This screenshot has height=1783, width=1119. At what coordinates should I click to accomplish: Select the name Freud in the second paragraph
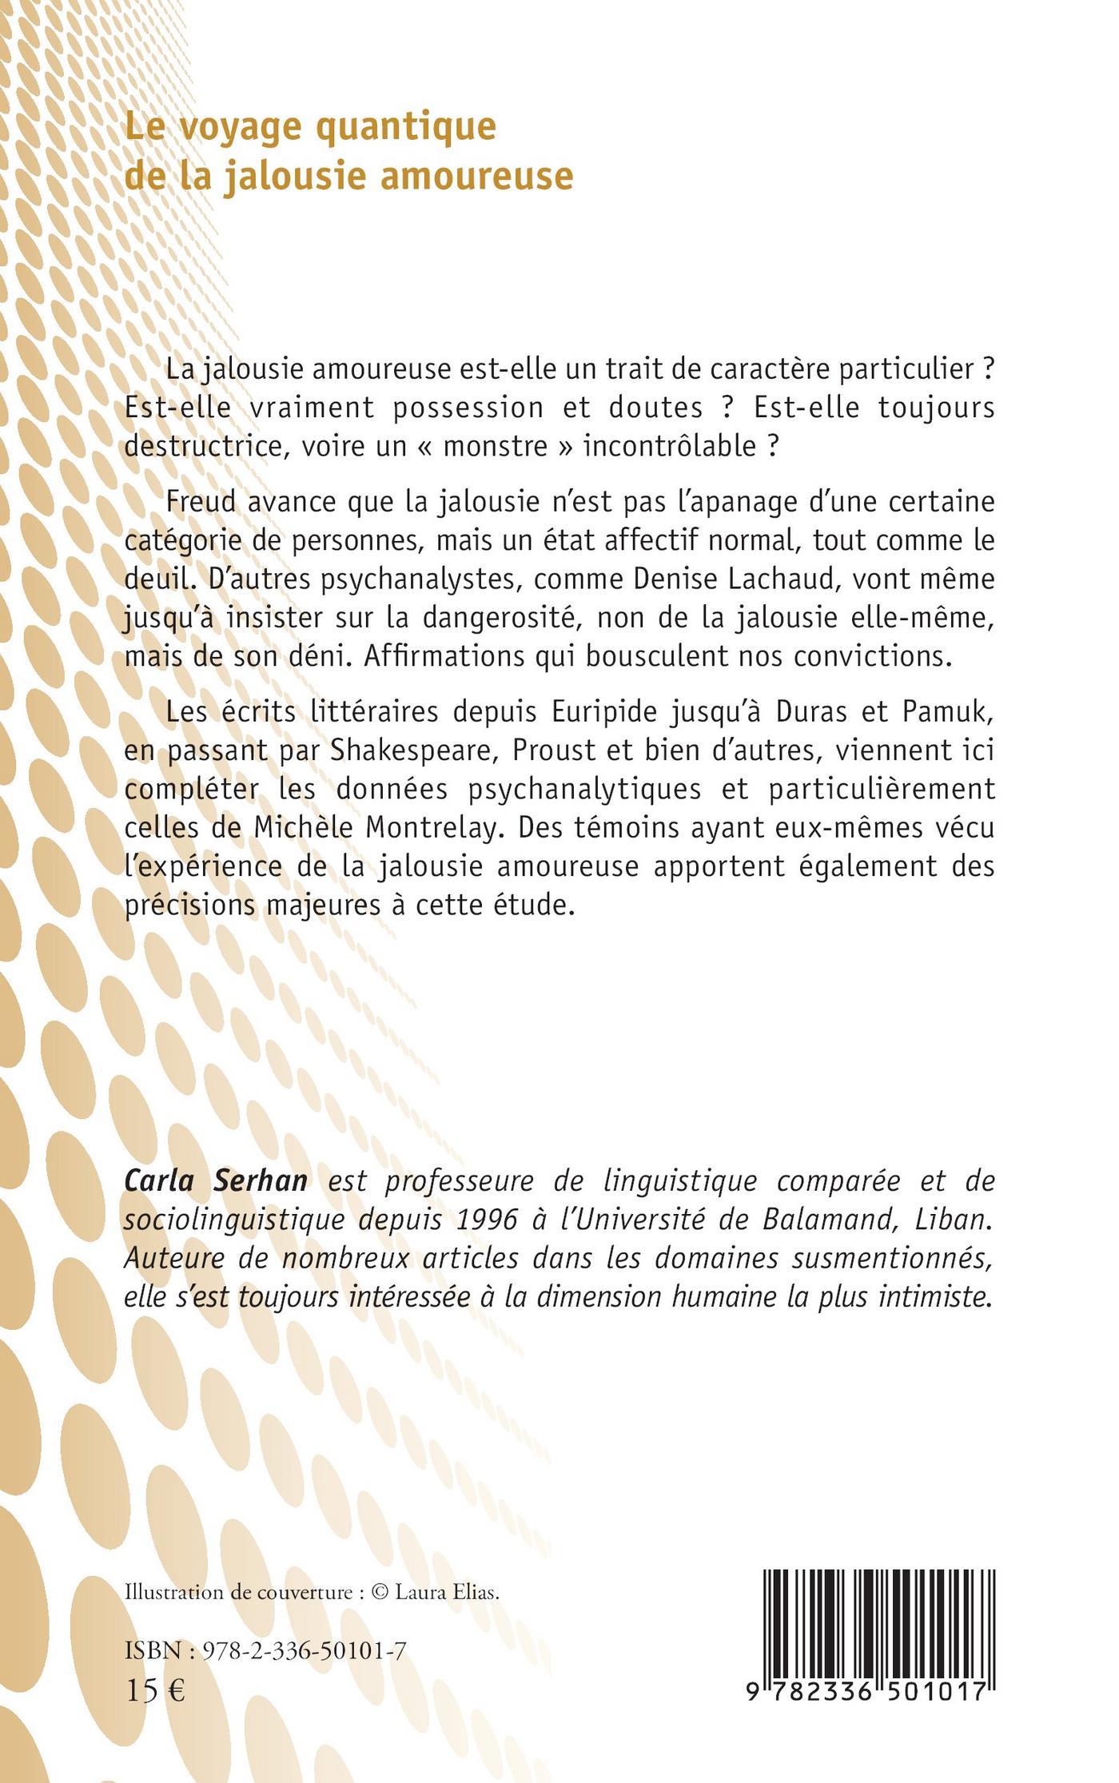pos(201,503)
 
